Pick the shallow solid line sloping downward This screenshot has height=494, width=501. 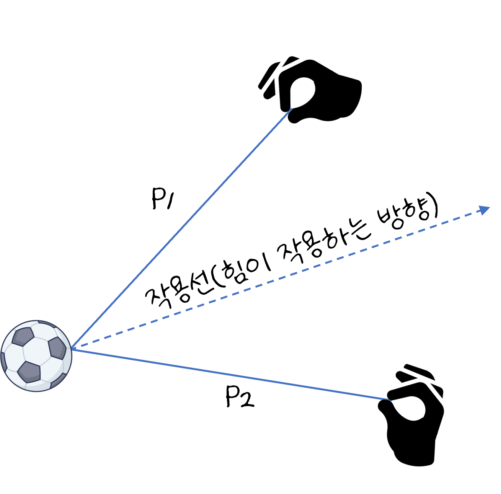230,375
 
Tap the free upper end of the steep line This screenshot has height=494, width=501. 292,109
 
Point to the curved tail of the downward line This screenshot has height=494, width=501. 388,400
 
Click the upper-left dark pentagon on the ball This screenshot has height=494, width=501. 23,336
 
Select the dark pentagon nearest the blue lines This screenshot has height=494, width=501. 57,348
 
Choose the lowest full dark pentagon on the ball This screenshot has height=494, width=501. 29,372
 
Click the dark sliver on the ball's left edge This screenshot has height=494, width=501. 3,362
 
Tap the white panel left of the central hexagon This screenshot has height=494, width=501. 13,357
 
